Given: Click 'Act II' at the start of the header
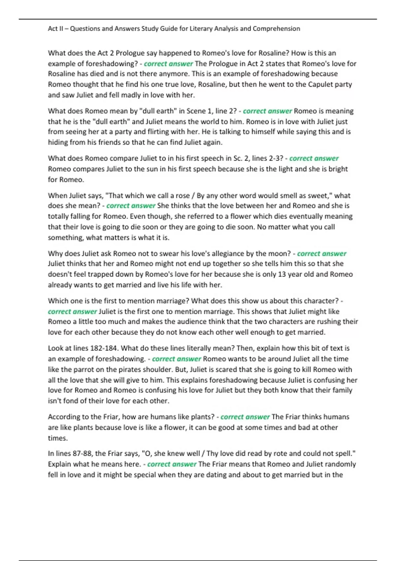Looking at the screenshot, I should (55, 29).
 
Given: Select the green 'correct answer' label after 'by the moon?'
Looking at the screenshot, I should (322, 253).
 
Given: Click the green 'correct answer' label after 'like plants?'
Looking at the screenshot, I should (245, 417).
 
